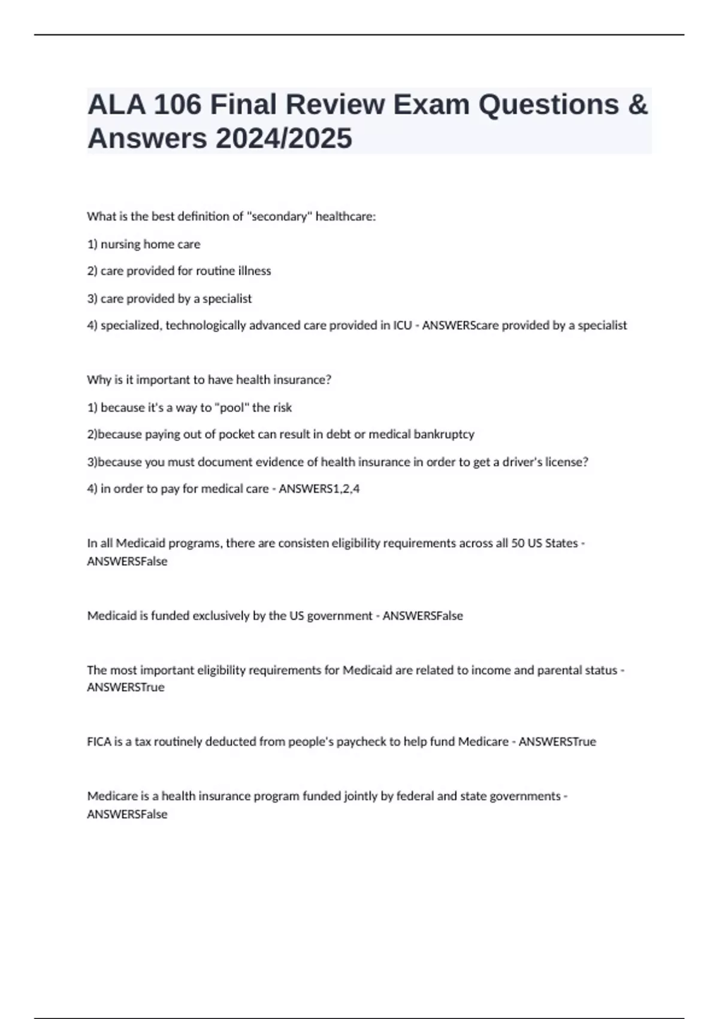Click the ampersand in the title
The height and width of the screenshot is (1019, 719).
click(638, 104)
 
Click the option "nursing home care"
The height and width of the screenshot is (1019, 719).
click(150, 244)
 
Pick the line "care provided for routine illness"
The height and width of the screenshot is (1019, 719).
click(185, 271)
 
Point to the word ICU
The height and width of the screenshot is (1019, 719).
click(402, 325)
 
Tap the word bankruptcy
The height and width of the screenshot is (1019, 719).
click(444, 434)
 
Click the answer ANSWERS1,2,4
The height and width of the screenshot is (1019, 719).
click(319, 489)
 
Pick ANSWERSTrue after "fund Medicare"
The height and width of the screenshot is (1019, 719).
click(557, 741)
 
